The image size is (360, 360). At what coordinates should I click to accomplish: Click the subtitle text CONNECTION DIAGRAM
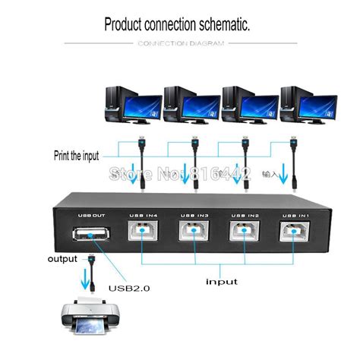point(181,43)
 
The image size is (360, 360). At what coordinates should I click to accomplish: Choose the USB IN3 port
point(191,232)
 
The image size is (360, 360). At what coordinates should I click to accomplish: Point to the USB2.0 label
point(129,287)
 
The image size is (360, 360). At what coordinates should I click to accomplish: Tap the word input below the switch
point(222,281)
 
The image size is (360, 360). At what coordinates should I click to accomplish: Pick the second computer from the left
point(190,106)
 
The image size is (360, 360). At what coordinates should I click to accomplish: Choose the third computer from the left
point(248,106)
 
